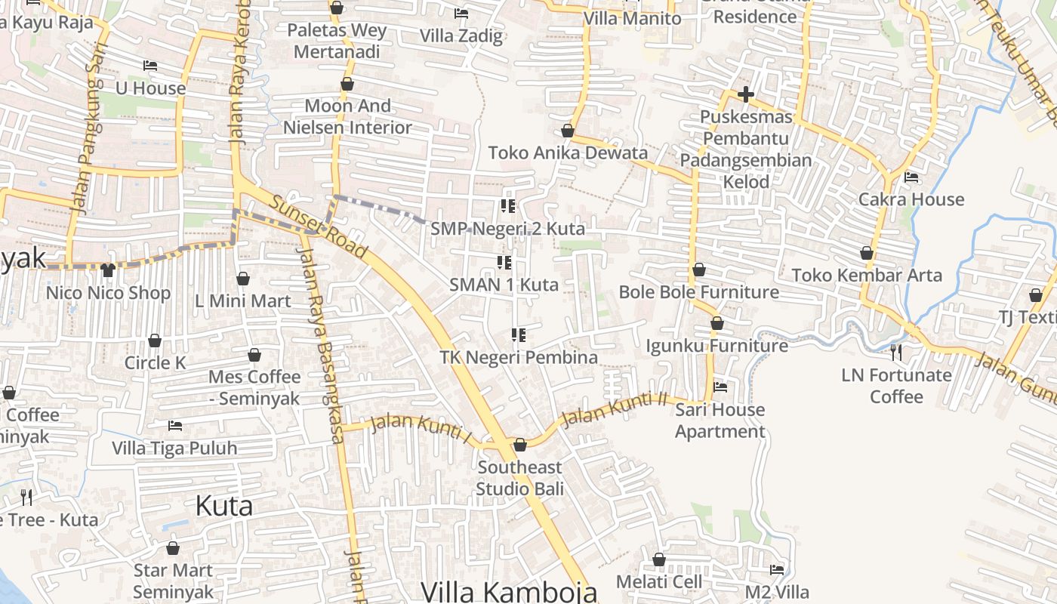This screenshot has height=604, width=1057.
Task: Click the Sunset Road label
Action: tap(318, 226)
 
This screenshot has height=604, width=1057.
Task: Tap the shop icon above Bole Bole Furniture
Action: tap(699, 270)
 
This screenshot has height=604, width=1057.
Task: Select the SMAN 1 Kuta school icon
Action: tap(504, 263)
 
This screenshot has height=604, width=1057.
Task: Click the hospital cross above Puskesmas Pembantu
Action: tap(746, 94)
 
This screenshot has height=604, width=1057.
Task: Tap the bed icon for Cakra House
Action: tap(911, 177)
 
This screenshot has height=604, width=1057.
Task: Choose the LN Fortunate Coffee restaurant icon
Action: tap(895, 352)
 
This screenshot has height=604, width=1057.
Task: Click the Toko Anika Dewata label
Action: tap(568, 153)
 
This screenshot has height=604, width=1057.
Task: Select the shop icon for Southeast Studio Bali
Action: tap(519, 445)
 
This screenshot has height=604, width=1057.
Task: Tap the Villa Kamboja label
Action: tap(509, 591)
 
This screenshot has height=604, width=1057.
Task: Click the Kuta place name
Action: tap(223, 506)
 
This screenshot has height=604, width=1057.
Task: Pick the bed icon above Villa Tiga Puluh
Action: tap(175, 426)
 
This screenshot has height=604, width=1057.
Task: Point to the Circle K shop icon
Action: tap(155, 341)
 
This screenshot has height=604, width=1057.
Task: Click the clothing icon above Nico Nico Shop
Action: tap(108, 270)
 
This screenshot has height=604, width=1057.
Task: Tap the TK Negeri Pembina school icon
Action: tap(518, 334)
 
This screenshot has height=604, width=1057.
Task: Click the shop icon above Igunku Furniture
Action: tap(717, 323)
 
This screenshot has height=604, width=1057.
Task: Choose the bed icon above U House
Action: tap(150, 66)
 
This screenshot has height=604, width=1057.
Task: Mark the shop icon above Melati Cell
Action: tap(659, 559)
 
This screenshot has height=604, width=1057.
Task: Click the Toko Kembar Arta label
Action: tap(867, 275)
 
